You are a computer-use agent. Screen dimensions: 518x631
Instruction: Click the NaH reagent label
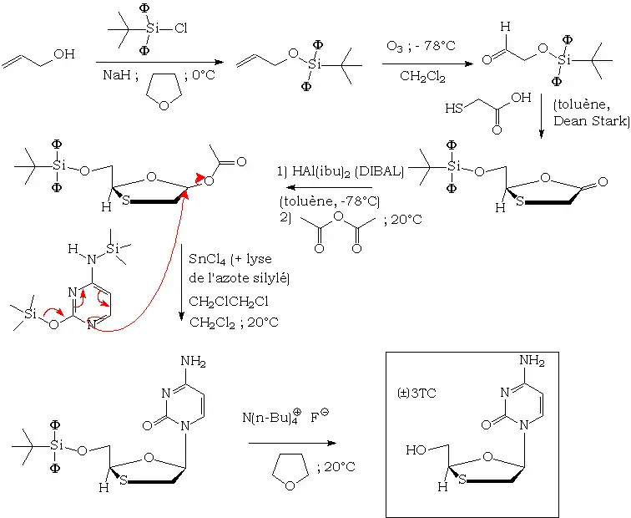pos(116,74)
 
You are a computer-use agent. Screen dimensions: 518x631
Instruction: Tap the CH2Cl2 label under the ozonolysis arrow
pos(422,77)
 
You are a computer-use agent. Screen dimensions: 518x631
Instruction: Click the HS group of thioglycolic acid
pos(455,109)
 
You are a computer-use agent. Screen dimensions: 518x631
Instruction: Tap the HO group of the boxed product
pos(415,449)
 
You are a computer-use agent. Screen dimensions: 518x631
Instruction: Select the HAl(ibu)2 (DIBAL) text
pos(340,171)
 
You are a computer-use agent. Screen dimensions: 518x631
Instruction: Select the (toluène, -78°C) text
pos(329,201)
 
